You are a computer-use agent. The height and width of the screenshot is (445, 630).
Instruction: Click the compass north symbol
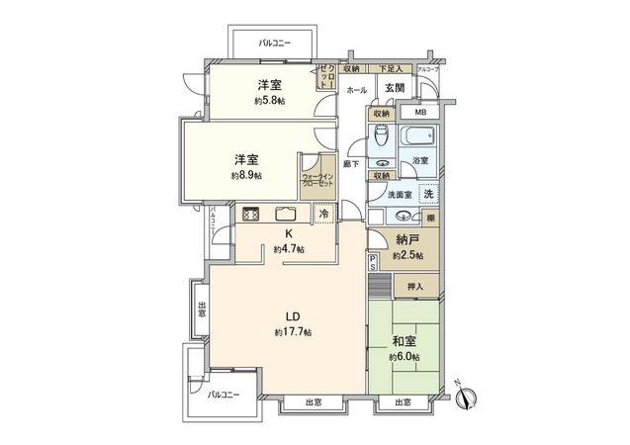pos(470,398)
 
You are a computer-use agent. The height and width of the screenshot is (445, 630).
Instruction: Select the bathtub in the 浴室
pos(419,136)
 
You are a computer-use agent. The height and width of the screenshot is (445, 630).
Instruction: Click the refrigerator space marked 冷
pos(323,214)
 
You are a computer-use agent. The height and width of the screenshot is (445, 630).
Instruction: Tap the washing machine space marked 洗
pos(427,194)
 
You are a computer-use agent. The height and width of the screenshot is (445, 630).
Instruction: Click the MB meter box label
pos(420,114)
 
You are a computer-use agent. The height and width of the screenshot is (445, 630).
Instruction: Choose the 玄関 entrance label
pos(394,89)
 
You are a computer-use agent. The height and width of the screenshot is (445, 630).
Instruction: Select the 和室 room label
pos(404,341)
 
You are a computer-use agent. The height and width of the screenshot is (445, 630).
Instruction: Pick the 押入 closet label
pos(414,287)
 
